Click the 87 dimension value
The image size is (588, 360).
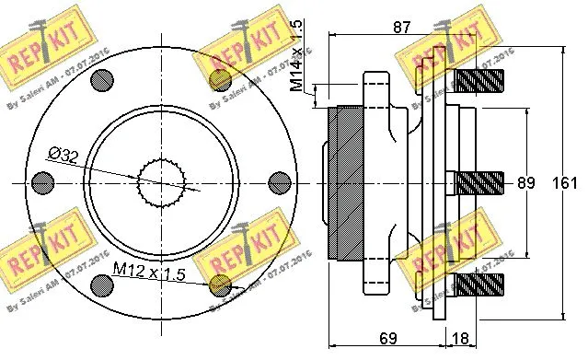click(400, 29)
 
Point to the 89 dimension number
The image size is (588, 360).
click(525, 183)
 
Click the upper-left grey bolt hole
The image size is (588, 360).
click(219, 79)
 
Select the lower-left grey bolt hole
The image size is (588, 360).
click(219, 285)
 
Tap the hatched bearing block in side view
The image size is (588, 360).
click(346, 182)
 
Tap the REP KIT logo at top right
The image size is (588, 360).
click(441, 55)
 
